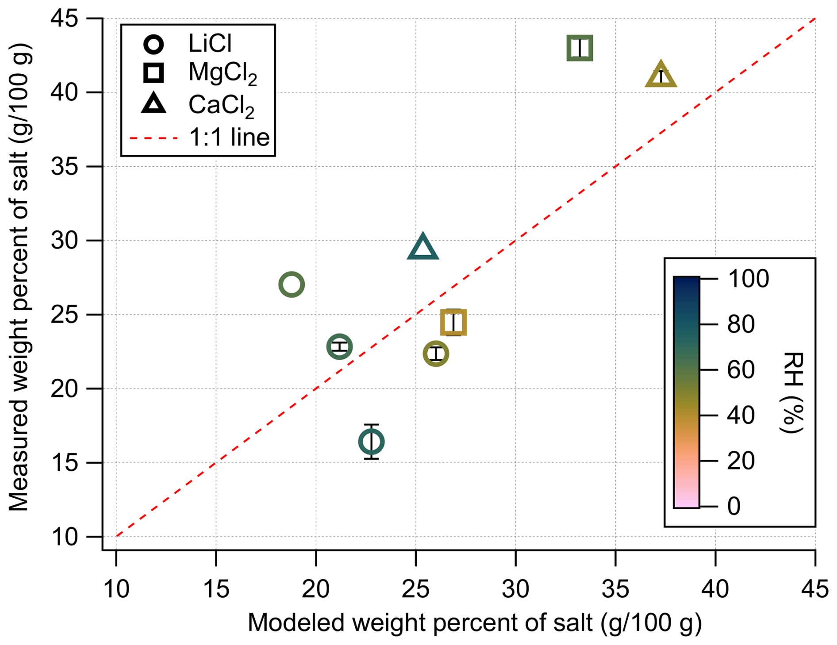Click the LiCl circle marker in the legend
154,44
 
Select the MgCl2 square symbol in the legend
154,73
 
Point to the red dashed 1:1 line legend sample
154,138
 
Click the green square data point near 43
580,48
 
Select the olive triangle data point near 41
661,76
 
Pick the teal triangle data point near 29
422,248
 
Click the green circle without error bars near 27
292,285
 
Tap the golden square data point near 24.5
453,322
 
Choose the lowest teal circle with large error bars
371,441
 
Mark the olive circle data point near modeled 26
436,353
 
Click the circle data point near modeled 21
339,346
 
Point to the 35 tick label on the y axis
65,167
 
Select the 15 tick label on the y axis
65,463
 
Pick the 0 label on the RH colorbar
734,506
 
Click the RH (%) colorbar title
791,393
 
